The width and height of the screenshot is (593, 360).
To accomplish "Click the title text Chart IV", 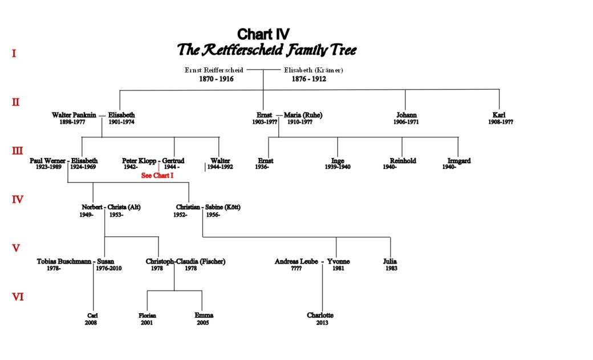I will [x=263, y=34].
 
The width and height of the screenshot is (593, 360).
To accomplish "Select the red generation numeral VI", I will [x=18, y=297].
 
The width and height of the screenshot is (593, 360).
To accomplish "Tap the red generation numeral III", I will [x=18, y=151].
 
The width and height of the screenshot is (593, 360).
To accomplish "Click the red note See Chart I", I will [x=157, y=176].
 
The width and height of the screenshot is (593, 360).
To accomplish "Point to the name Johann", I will [x=406, y=115].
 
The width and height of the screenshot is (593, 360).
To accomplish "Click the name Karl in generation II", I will [x=499, y=115].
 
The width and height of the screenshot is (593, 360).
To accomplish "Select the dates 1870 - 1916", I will [x=216, y=79].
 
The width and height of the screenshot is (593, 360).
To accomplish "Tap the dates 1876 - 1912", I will [x=308, y=79].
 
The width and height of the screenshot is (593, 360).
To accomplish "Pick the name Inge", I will [x=338, y=161].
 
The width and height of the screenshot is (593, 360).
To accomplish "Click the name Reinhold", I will [x=403, y=161].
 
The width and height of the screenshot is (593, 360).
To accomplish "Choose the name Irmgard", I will [x=459, y=161].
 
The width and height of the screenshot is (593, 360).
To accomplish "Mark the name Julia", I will [x=390, y=261].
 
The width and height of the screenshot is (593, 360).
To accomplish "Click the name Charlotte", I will [x=320, y=315].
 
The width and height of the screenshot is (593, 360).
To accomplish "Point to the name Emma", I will [x=204, y=315].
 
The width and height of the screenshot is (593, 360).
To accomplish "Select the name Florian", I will [x=147, y=315].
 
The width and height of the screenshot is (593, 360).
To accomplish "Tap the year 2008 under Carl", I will [x=91, y=323].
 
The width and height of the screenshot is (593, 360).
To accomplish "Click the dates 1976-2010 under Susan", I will [x=108, y=268].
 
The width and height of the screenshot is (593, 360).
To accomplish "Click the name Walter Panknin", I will [x=74, y=115].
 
